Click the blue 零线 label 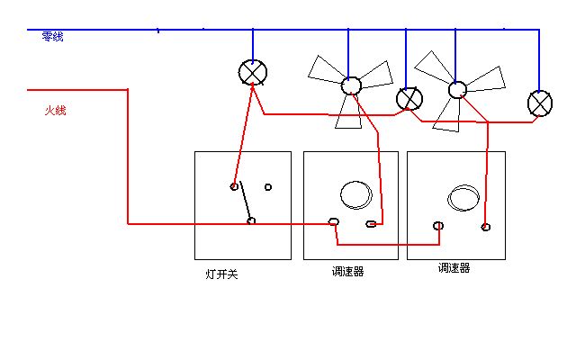pos(52,36)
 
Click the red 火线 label pos(56,110)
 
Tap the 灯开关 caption pos(221,274)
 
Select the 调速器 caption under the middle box pos(347,272)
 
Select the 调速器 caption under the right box pos(454,268)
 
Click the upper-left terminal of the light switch pos(234,186)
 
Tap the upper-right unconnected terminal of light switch pos(268,187)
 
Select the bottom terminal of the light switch pos(251,220)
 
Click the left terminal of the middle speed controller pos(334,221)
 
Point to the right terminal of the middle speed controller pos(371,224)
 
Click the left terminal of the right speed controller pos(438,226)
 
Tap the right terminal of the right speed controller pos(486,227)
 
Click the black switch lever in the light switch pos(246,201)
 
